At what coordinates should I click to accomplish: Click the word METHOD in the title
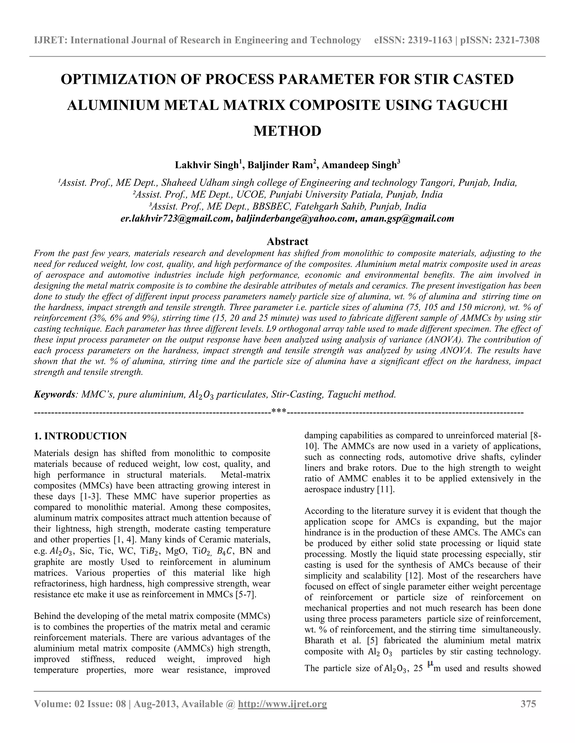tap(287, 131)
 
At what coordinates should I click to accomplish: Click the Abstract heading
tap(287, 241)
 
